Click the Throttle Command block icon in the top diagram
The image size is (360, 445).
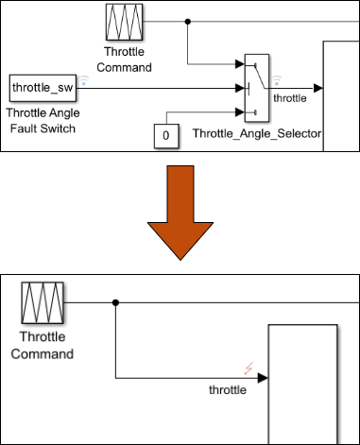(x=123, y=20)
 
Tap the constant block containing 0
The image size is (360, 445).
(x=166, y=136)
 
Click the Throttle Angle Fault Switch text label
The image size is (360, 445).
(x=43, y=120)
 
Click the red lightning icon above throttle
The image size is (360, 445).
(x=249, y=370)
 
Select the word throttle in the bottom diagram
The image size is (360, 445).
(x=228, y=389)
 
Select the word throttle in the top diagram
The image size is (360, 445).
(x=290, y=96)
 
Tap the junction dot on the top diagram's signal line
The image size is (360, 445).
(x=189, y=20)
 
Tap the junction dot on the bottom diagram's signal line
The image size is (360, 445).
(x=115, y=303)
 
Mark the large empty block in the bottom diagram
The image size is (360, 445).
(x=302, y=383)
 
